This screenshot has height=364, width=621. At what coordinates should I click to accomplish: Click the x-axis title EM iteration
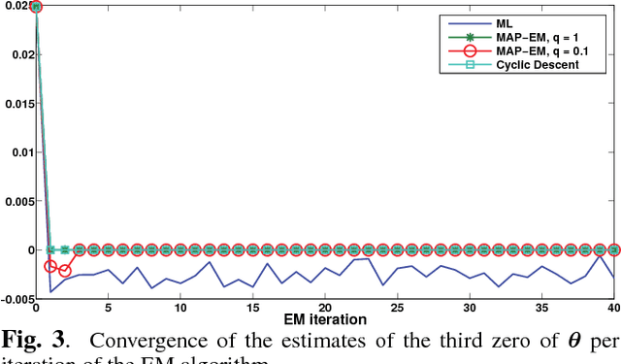[x=325, y=319]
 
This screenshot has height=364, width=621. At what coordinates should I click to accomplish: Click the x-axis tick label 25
[x=398, y=308]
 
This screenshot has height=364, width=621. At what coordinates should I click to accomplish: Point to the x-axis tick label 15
[x=253, y=308]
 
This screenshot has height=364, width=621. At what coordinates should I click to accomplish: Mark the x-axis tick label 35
[x=542, y=308]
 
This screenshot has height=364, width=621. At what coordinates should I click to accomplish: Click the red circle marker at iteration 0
[x=36, y=7]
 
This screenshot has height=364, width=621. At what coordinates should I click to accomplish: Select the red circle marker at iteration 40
[x=614, y=249]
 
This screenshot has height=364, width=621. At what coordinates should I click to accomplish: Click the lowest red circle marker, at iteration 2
[x=65, y=271]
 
